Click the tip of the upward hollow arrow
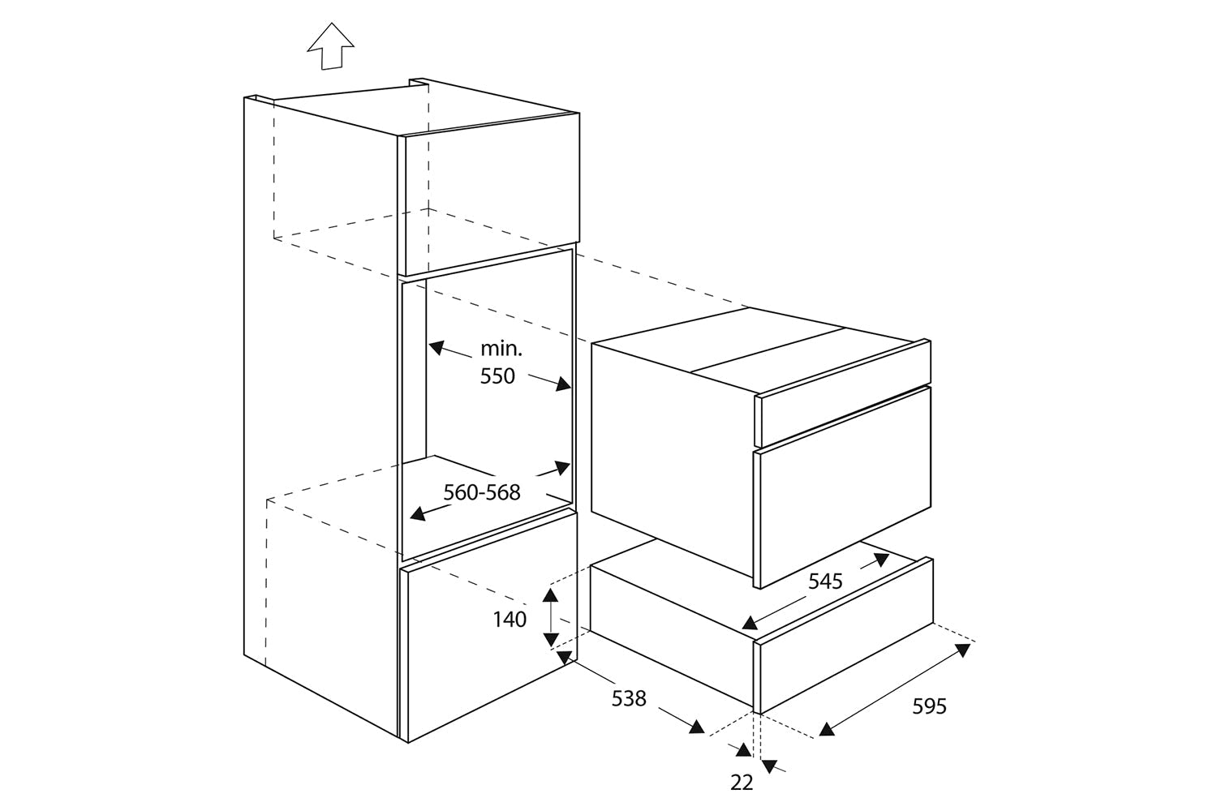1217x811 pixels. tap(331, 23)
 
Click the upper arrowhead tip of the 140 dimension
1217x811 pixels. tap(550, 589)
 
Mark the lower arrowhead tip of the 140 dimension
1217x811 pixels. tap(550, 646)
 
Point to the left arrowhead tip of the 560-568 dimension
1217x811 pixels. tap(410, 517)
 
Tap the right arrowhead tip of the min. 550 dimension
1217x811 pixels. tap(571, 389)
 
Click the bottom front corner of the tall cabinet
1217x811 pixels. tap(408, 743)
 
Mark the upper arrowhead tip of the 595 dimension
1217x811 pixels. tap(970, 645)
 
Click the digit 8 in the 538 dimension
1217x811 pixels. tap(640, 698)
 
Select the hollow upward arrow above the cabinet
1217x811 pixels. tap(331, 46)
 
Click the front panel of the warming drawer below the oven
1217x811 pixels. tap(846, 636)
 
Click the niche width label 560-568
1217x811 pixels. tap(482, 493)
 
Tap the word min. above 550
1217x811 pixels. tap(501, 349)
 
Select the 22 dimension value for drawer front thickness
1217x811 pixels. tap(742, 783)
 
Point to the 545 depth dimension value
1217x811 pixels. tap(825, 581)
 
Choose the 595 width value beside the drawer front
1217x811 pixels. tap(929, 706)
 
